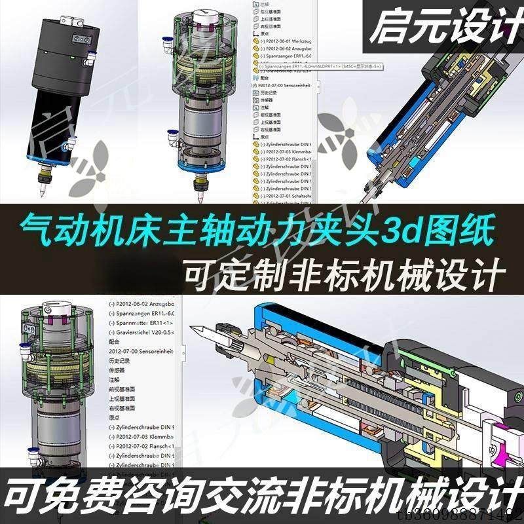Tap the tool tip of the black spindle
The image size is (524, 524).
(41, 194)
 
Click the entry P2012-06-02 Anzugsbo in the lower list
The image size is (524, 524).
(144, 305)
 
